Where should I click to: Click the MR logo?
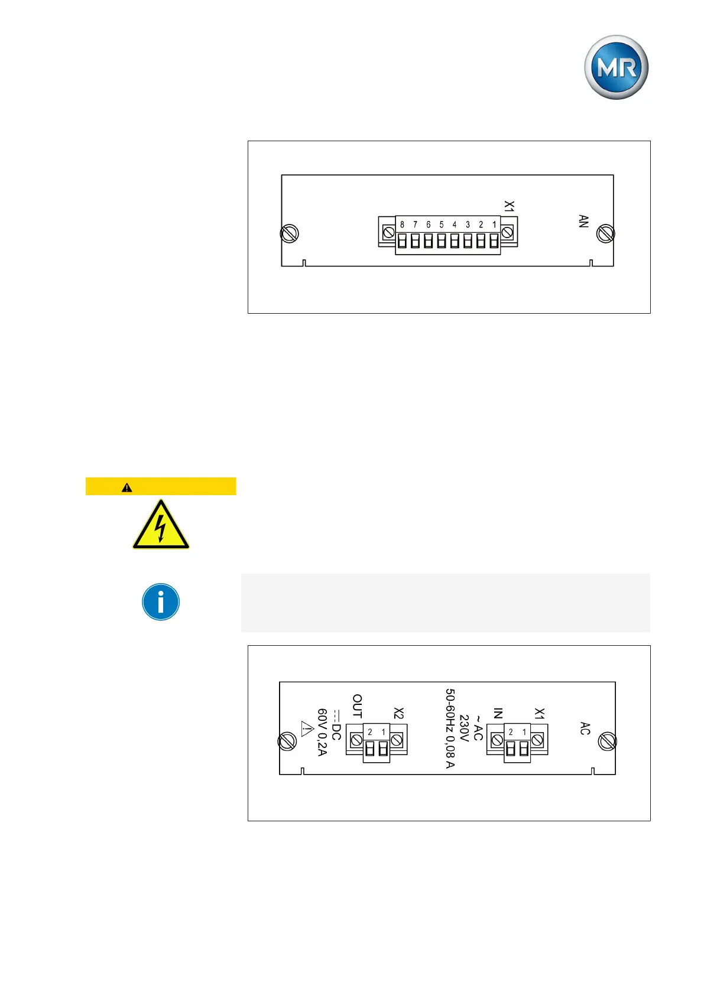click(616, 67)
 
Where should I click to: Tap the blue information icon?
click(161, 602)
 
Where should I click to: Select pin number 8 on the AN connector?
click(402, 225)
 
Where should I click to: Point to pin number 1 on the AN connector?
click(494, 225)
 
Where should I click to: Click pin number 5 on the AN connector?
click(442, 225)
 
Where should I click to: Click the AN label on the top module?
click(583, 222)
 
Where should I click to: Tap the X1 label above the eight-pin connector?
click(509, 206)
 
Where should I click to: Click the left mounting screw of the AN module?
click(289, 234)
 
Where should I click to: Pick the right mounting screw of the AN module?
click(605, 234)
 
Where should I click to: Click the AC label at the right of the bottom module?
click(585, 729)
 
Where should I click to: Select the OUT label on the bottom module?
click(357, 707)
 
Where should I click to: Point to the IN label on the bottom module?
click(498, 713)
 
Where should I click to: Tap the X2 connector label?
click(399, 714)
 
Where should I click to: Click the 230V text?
click(464, 729)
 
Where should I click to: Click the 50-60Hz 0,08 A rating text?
click(450, 728)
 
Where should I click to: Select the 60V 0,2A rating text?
click(322, 732)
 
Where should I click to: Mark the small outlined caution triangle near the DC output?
click(306, 729)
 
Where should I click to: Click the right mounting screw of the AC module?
click(607, 741)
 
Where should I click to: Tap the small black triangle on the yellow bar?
click(126, 487)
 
